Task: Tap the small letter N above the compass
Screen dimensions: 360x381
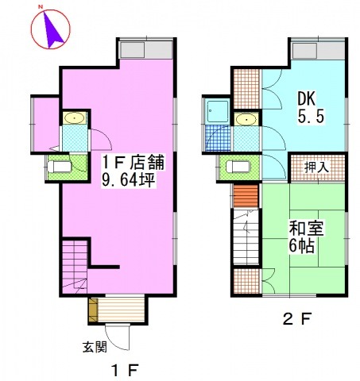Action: (x=41, y=7)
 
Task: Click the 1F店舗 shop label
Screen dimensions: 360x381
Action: (x=134, y=162)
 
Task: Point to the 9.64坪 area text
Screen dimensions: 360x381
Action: (x=128, y=179)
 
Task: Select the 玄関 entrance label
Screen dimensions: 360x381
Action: (x=95, y=347)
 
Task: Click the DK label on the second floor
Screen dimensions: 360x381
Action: (x=307, y=99)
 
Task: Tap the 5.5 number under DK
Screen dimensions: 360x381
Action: (x=311, y=117)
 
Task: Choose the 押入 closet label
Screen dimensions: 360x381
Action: (x=316, y=167)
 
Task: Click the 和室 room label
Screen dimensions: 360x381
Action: (x=306, y=228)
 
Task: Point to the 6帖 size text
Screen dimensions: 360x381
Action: (x=301, y=246)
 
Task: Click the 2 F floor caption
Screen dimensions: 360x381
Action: (x=296, y=319)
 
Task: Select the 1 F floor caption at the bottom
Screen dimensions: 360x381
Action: (x=125, y=371)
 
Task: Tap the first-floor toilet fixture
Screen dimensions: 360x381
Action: (x=60, y=167)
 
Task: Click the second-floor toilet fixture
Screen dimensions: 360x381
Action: (x=238, y=167)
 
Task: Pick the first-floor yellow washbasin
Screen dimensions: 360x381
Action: (x=75, y=118)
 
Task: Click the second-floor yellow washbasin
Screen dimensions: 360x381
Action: (x=246, y=120)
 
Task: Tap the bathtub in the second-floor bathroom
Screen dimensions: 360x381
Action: (x=218, y=111)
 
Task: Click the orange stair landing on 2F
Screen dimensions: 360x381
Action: (x=246, y=196)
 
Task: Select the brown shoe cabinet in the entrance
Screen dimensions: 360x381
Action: (x=93, y=310)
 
